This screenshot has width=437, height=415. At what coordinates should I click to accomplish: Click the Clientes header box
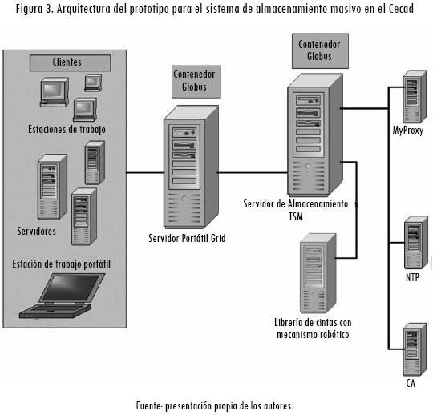coord(70,62)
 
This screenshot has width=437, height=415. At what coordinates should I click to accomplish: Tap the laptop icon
coord(63,296)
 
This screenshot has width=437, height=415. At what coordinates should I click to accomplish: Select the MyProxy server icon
coord(415,96)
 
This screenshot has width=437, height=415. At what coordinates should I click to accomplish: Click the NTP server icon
coord(416,243)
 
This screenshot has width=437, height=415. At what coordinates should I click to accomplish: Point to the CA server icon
coord(415,349)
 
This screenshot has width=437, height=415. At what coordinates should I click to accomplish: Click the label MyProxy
coord(408,131)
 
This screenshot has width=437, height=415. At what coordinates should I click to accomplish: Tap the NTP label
coord(412,277)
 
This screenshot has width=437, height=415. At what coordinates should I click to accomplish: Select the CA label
coord(411,383)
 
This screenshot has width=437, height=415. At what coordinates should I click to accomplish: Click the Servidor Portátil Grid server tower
coord(191,167)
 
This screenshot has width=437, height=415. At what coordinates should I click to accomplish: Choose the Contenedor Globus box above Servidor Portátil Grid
coord(196,82)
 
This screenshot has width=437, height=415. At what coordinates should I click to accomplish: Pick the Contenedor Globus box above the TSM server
coord(320,51)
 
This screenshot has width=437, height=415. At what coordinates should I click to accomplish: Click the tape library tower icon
coord(318,273)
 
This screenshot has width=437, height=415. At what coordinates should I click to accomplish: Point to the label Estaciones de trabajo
coord(67,130)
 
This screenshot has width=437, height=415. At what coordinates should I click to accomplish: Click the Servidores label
coord(37,231)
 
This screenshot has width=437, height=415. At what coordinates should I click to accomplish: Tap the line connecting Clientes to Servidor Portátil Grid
coord(145,173)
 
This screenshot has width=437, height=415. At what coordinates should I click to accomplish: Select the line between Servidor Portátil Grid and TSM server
coord(253,173)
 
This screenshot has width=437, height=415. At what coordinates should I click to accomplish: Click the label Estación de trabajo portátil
coord(61,264)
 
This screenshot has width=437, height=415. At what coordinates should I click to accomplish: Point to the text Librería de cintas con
coord(313,323)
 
